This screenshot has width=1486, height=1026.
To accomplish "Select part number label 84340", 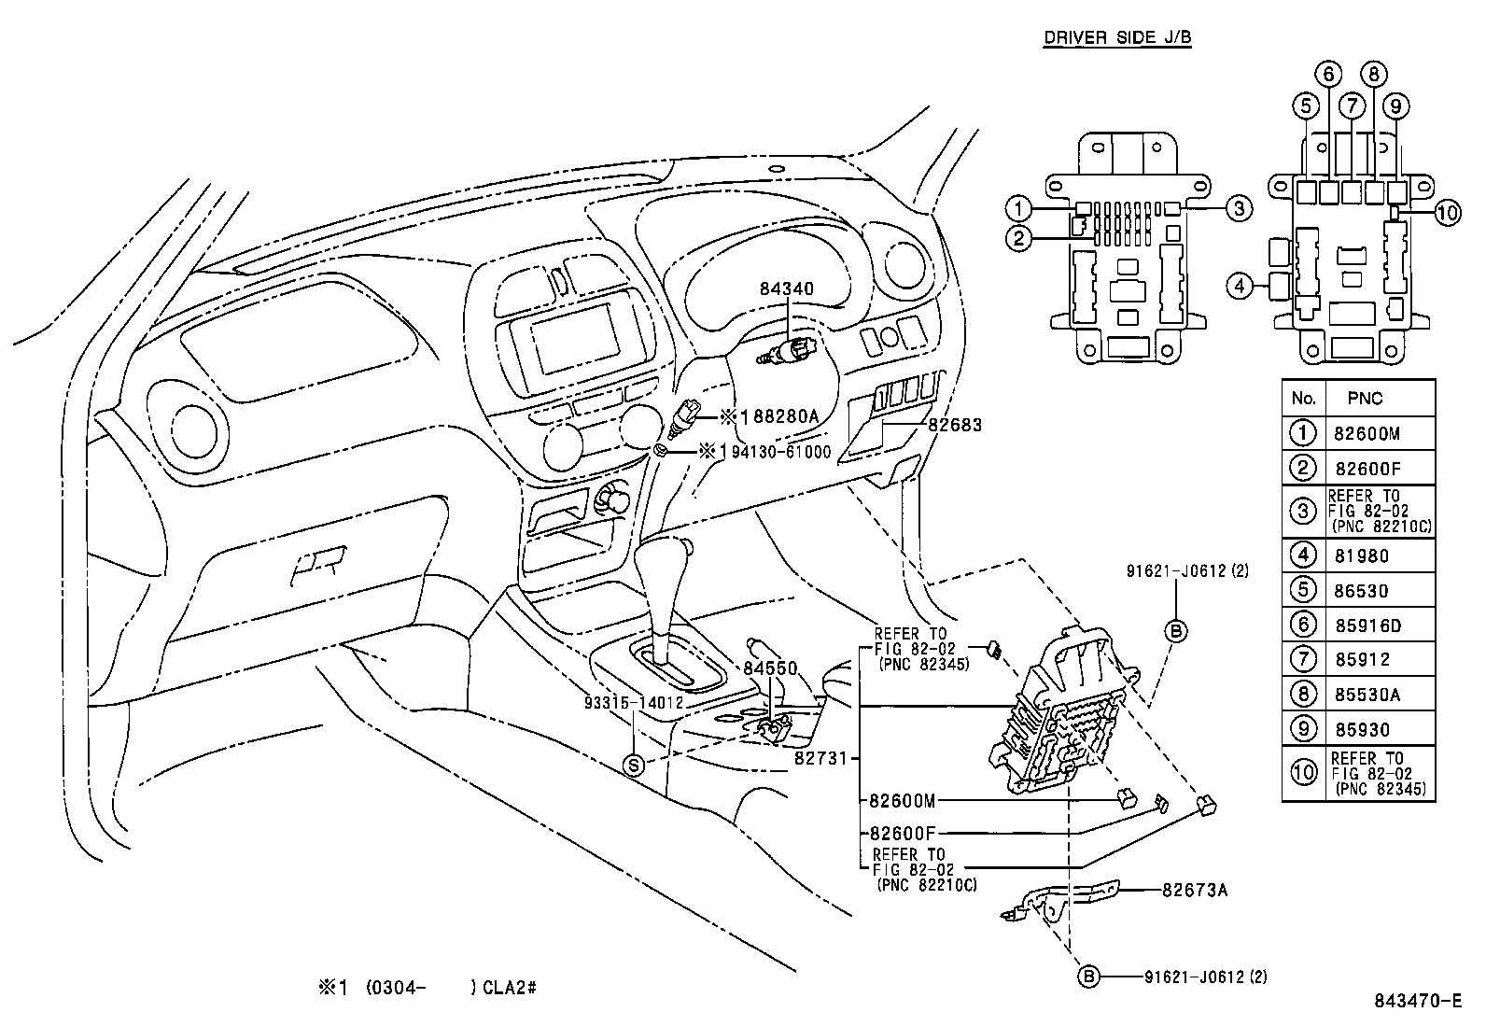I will coord(786,289).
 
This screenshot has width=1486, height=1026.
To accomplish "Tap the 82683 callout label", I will coord(955,425).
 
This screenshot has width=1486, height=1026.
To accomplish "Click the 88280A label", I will coord(780,416).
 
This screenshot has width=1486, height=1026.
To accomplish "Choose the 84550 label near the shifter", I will coord(770,668).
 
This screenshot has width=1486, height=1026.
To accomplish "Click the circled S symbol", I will coord(634,766).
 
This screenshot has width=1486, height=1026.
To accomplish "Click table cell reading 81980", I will coord(1361,556).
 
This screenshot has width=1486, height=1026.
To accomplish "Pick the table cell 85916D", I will coord(1361,625).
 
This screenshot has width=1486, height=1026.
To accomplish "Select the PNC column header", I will coord(1365,399).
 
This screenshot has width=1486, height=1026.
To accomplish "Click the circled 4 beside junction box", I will coord(1240,286).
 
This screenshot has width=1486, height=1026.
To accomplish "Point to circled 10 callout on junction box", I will coord(1446,213).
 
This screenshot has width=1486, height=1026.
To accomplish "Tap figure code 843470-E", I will coord(1417,1002).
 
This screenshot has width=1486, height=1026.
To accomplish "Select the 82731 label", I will coord(820,759).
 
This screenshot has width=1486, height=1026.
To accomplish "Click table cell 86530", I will coord(1361,591).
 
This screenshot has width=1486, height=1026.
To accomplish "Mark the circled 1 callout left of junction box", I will coord(1019,208).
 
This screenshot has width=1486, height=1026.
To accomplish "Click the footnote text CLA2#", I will coord(510,988).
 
